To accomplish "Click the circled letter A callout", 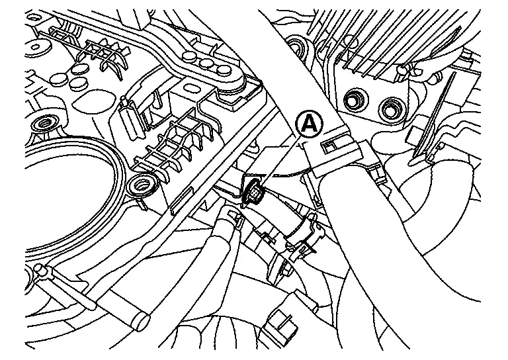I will (x=309, y=122).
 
